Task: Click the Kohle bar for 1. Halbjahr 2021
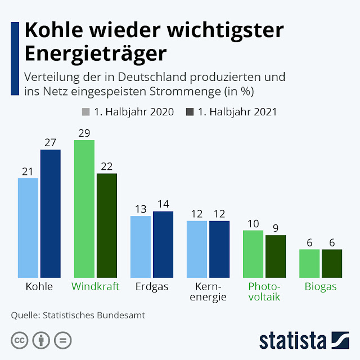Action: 50,214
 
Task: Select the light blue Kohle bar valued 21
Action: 28,228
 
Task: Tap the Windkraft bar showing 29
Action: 84,209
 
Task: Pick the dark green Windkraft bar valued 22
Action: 106,226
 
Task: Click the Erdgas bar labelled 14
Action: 163,245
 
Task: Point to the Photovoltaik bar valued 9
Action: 276,256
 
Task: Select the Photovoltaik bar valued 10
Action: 253,254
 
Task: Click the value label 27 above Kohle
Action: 50,143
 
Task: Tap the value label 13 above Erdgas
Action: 141,209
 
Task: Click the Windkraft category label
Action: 95,286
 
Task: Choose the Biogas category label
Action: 321,286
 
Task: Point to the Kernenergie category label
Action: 208,291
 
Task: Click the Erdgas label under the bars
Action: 151,286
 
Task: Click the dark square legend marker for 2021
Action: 190,111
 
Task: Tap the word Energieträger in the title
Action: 96,55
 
